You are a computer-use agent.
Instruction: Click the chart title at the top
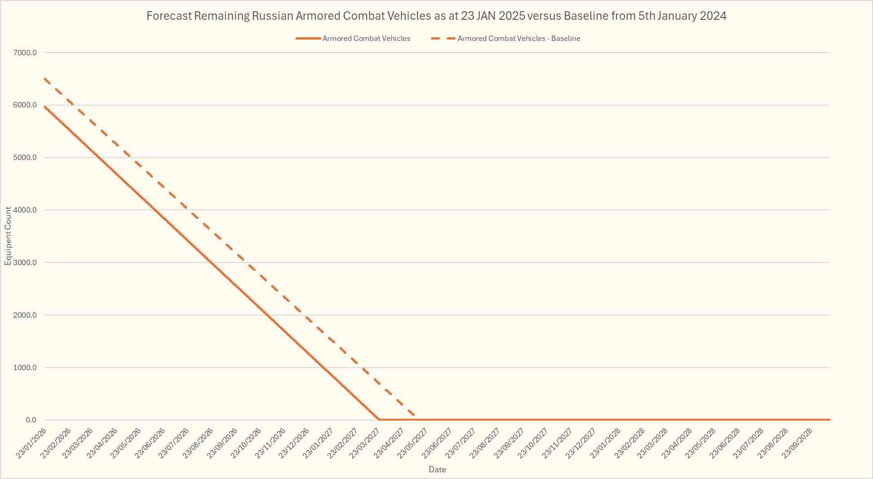coord(436,16)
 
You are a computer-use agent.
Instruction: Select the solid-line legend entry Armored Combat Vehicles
coord(366,39)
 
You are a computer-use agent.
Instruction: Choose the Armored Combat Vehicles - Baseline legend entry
coord(518,39)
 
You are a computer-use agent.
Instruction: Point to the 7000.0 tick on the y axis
coord(25,53)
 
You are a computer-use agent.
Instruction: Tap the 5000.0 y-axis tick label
coord(25,158)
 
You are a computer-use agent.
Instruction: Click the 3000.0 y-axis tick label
coord(25,262)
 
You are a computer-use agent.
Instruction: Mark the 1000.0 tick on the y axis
coord(25,368)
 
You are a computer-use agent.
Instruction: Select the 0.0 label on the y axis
coord(31,420)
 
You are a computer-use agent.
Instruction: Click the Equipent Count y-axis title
coord(8,236)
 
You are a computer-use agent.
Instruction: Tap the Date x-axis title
coord(437,470)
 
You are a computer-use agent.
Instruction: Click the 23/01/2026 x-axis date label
coord(31,443)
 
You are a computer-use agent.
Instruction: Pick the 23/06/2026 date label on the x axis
coord(151,443)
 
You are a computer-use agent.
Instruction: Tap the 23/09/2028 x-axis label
coord(798,443)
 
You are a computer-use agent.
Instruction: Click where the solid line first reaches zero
coord(379,420)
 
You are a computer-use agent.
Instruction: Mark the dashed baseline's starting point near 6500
coord(45,79)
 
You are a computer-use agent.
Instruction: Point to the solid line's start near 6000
coord(45,106)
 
